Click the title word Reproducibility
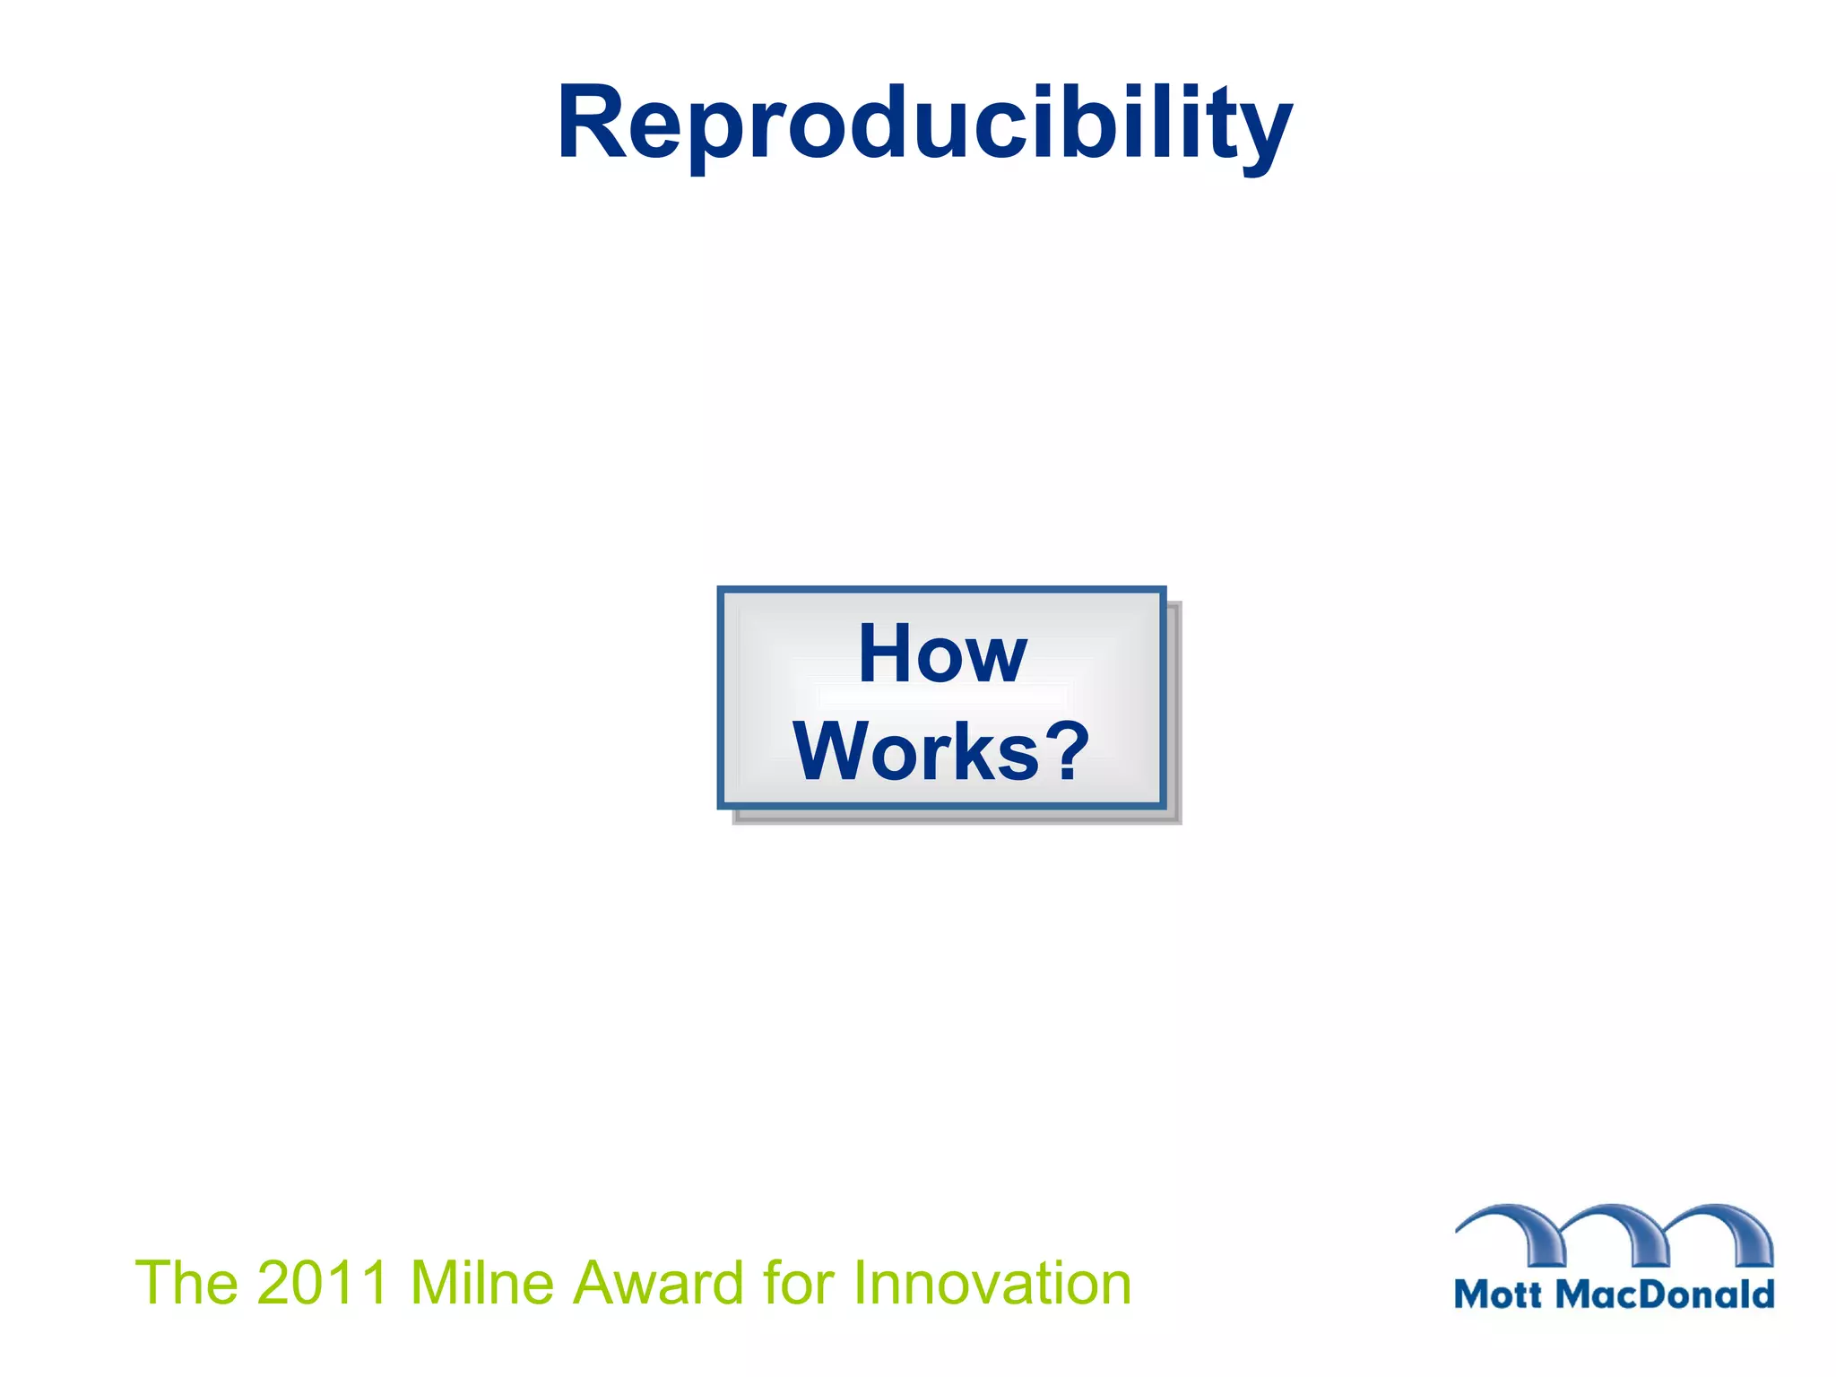click(923, 123)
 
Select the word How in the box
click(941, 654)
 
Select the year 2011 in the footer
click(322, 1283)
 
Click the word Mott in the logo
click(1498, 1295)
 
